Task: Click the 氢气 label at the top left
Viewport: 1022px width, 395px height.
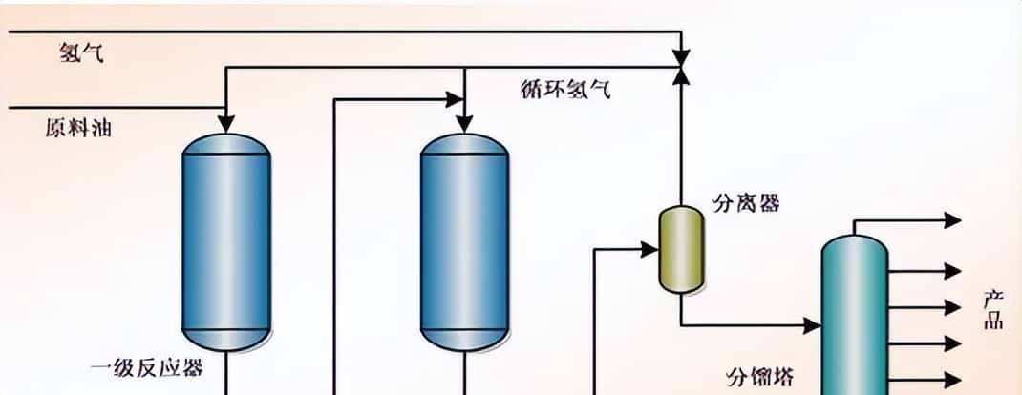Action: [x=81, y=53]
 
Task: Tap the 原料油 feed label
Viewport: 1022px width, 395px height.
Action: [x=78, y=127]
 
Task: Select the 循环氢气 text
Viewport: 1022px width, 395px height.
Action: [x=566, y=91]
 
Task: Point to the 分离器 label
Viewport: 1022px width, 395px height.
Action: [x=746, y=203]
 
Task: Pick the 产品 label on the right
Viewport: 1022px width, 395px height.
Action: [x=993, y=310]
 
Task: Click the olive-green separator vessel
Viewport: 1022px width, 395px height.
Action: [x=681, y=249]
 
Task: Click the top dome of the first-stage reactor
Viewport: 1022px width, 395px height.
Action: [x=225, y=143]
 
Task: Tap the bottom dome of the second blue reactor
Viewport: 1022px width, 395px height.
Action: [x=464, y=340]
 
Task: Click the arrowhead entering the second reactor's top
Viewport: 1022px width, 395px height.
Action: [x=464, y=124]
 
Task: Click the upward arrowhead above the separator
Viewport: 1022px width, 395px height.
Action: [x=680, y=76]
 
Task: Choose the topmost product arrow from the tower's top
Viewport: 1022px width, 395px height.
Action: [x=952, y=220]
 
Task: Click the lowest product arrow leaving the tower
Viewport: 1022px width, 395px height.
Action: [x=952, y=379]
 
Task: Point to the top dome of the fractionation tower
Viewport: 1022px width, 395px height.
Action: [x=855, y=243]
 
